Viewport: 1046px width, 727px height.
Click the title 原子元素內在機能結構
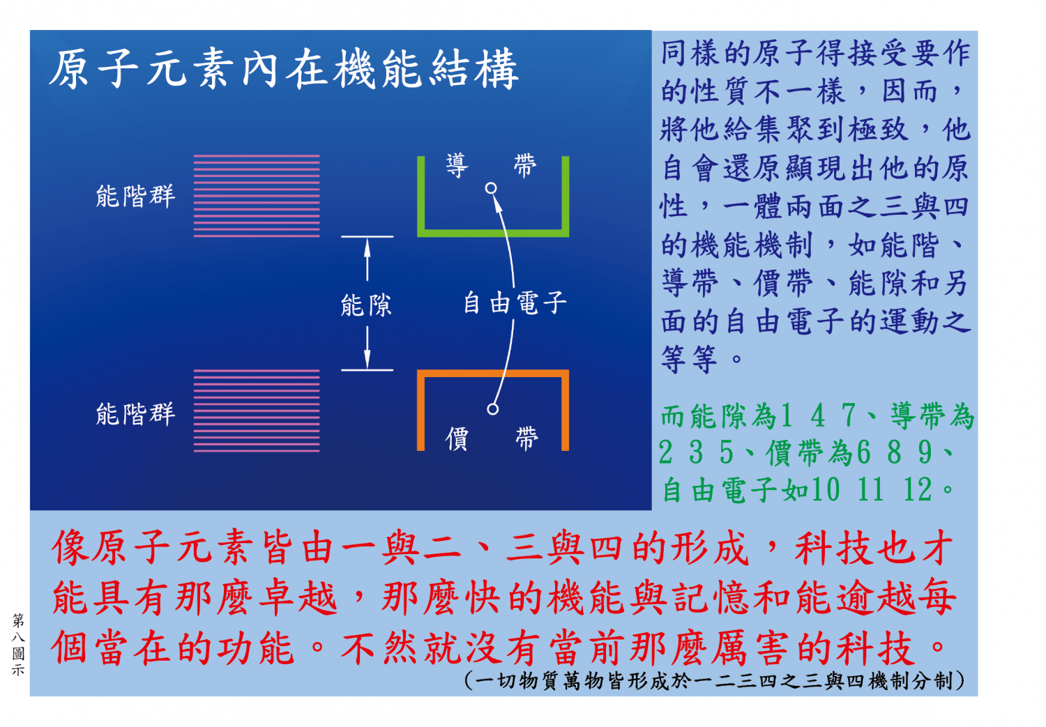[283, 69]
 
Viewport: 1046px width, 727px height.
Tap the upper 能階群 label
[135, 195]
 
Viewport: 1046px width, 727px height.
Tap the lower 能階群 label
[135, 413]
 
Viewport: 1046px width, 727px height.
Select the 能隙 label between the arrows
[366, 305]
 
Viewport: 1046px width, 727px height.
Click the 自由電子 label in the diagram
[515, 303]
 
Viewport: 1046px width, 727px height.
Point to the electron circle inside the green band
[491, 188]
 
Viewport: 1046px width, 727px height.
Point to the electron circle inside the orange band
[492, 409]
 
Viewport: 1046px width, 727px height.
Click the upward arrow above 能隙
[367, 260]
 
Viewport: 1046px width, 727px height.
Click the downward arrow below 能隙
[367, 347]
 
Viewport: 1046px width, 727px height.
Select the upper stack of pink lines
[257, 196]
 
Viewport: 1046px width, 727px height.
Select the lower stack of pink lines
[257, 411]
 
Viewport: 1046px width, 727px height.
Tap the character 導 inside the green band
[457, 166]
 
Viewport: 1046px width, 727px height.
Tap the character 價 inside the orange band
[457, 438]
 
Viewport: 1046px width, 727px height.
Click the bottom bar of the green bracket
[493, 234]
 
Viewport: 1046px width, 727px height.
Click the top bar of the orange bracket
[493, 374]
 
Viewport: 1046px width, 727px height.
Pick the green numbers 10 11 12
[872, 489]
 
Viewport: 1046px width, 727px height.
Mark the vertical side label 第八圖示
[18, 645]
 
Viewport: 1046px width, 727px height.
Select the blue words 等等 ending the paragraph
[689, 359]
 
